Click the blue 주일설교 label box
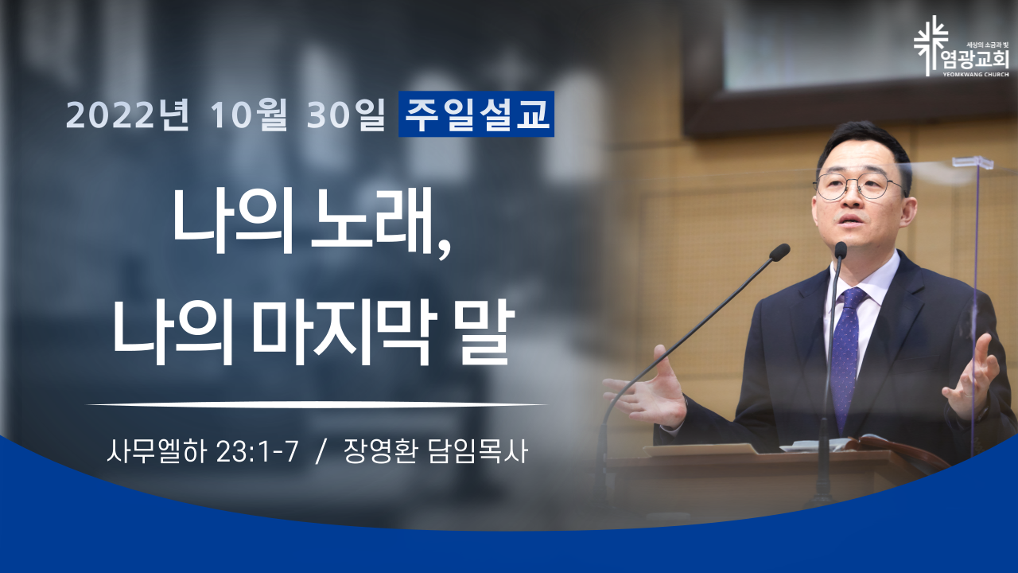click(x=476, y=114)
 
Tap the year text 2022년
click(x=128, y=115)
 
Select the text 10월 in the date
click(x=249, y=115)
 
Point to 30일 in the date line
click(x=346, y=115)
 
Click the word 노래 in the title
click(x=372, y=221)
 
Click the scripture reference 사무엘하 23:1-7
click(x=202, y=451)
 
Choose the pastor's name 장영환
click(x=380, y=451)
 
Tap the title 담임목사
click(x=478, y=451)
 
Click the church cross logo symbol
click(x=931, y=45)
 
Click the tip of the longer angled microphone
click(x=780, y=252)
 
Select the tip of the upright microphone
click(x=841, y=250)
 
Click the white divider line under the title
click(x=317, y=403)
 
